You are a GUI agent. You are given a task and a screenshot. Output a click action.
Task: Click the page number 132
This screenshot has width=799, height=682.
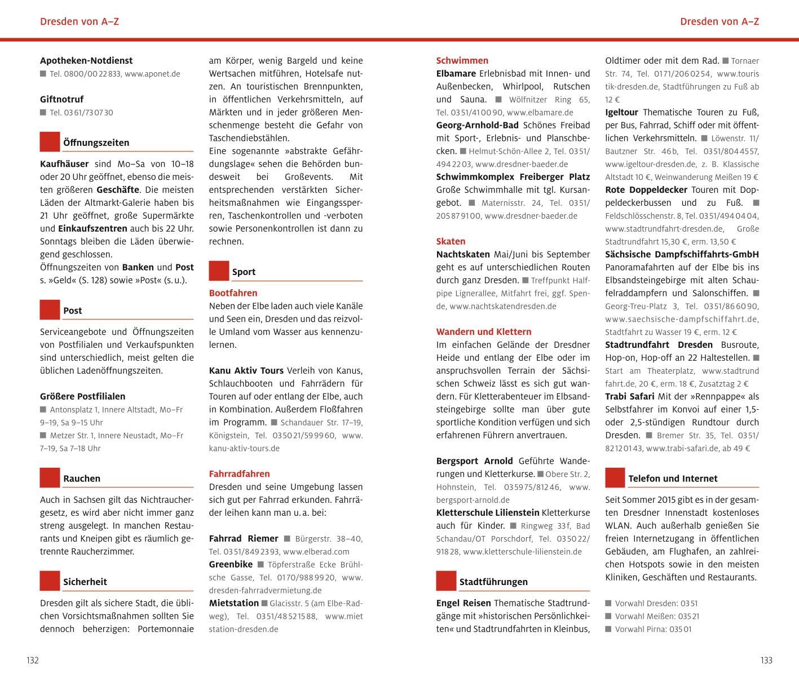click(33, 661)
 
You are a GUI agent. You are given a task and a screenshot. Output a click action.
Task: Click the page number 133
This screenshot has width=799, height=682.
click(766, 661)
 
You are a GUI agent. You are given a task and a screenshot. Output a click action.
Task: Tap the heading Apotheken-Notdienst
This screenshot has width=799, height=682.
click(86, 60)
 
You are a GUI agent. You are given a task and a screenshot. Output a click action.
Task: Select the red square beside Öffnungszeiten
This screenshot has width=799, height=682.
click(50, 142)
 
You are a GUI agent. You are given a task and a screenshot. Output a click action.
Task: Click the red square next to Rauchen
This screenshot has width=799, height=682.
click(50, 478)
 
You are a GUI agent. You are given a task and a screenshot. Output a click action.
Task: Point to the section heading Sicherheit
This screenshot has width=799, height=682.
click(85, 582)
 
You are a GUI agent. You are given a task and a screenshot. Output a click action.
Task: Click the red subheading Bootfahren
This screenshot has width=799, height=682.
click(233, 293)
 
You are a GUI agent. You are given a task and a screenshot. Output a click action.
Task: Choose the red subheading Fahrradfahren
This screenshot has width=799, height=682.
click(239, 474)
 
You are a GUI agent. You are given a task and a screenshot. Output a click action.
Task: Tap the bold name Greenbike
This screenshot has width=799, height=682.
click(231, 564)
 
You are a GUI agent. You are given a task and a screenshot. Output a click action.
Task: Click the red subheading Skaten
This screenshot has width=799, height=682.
click(451, 241)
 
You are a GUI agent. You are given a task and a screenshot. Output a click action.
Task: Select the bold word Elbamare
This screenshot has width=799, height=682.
click(455, 73)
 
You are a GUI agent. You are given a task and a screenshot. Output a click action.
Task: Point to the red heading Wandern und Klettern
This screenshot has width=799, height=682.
click(483, 332)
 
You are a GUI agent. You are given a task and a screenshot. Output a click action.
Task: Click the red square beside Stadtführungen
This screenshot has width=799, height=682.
click(446, 582)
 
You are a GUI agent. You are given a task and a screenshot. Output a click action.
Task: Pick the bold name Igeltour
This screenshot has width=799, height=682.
click(621, 112)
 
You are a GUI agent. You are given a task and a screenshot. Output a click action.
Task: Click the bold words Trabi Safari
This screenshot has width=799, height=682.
click(630, 396)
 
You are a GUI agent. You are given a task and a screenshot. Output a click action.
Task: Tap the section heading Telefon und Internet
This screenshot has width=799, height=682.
click(673, 479)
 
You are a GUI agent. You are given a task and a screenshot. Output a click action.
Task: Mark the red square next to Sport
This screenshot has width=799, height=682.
click(219, 271)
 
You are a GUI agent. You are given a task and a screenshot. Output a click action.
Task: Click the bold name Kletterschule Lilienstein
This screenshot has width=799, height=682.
click(488, 512)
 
